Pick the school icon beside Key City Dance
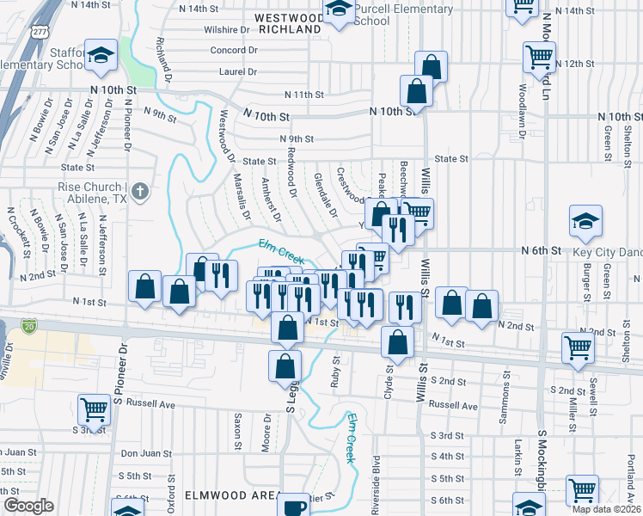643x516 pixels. click(x=585, y=223)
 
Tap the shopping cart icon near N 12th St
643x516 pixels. click(x=539, y=57)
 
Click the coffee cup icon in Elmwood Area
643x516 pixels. click(x=295, y=506)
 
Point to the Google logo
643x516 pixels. click(x=28, y=506)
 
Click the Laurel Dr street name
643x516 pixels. click(x=238, y=72)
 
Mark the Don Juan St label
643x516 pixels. click(x=141, y=453)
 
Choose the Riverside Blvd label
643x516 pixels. click(x=376, y=474)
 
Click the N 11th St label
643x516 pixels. click(x=303, y=95)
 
